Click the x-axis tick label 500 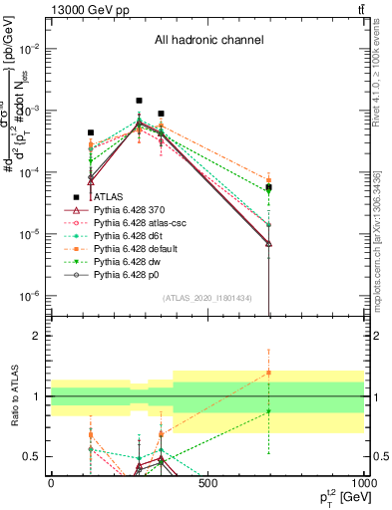[x=207, y=483]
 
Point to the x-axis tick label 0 [x=51, y=483]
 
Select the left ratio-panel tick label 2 [x=35, y=337]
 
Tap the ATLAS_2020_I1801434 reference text [x=208, y=298]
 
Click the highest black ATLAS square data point [x=140, y=101]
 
